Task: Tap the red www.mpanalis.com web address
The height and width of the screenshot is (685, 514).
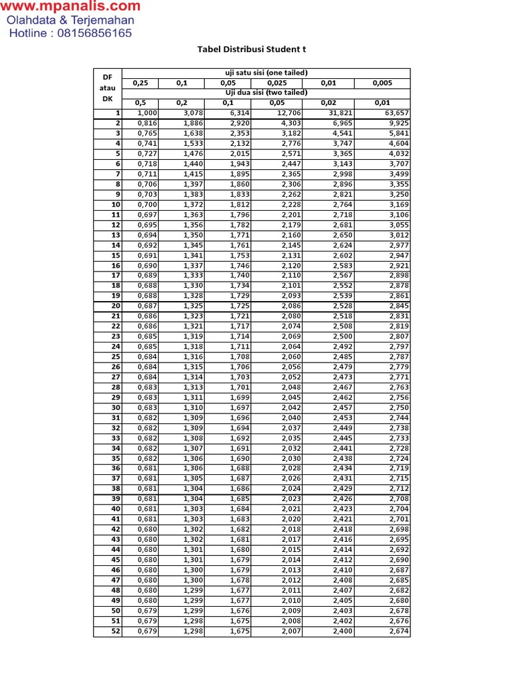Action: [x=70, y=7]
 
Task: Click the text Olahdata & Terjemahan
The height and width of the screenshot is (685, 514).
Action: [x=70, y=20]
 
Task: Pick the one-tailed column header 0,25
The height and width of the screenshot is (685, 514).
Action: [x=141, y=83]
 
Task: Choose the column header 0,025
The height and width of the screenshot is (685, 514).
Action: [x=276, y=83]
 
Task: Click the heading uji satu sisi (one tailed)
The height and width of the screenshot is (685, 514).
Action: [x=266, y=73]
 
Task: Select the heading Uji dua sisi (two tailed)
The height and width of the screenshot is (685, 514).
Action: [x=266, y=92]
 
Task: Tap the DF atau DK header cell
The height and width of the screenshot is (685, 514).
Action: [x=107, y=88]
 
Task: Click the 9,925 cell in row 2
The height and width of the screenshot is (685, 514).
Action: [x=397, y=123]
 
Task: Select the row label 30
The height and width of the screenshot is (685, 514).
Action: [x=116, y=407]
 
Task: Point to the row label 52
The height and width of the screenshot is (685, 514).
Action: [x=116, y=631]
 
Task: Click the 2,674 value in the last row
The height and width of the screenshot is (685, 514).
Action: [x=397, y=631]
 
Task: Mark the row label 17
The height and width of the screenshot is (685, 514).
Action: [x=116, y=275]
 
